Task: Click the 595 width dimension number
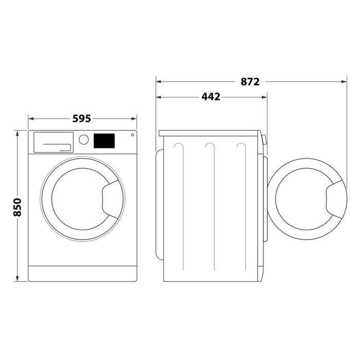pos(82,119)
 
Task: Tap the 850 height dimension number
pos(17,207)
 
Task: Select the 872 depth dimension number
pos(249,81)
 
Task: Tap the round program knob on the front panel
pos(84,140)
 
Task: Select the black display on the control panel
pos(104,140)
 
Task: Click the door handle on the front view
pos(113,198)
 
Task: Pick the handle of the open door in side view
pos(336,200)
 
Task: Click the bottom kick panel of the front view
pos(82,273)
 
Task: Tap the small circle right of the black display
pos(132,135)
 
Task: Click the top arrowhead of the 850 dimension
pos(17,133)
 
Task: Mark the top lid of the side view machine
pos(210,133)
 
